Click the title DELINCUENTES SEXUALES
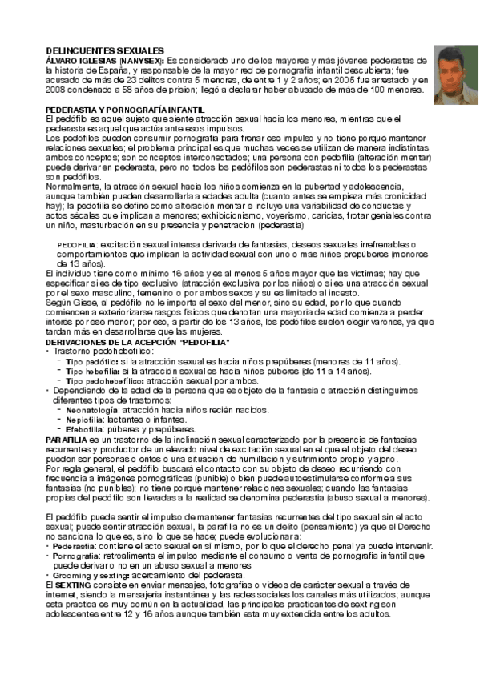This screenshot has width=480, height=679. click(x=105, y=50)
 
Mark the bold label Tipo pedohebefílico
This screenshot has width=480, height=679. click(x=102, y=381)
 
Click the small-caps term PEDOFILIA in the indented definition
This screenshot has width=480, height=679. click(x=78, y=244)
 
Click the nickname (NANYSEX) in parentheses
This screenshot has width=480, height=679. click(x=141, y=60)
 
